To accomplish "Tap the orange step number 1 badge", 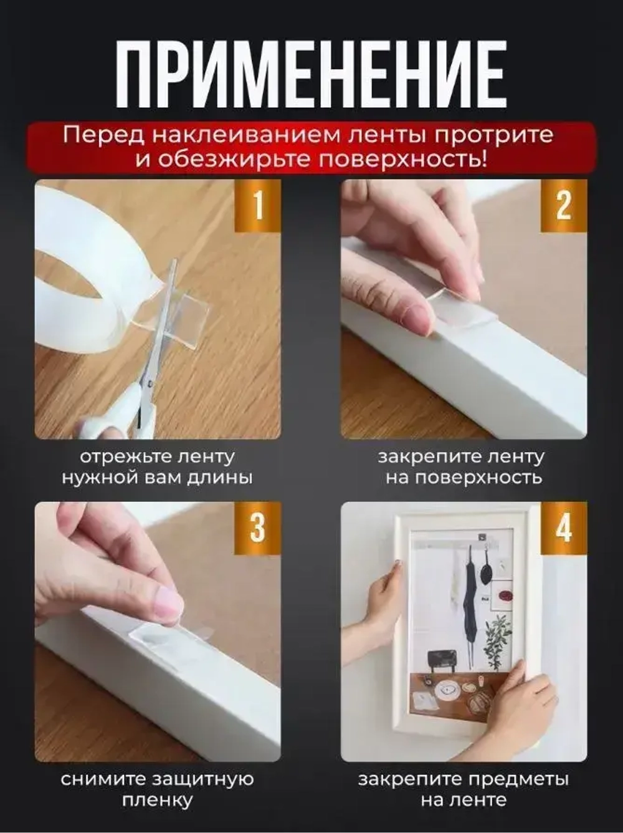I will pyautogui.click(x=258, y=205).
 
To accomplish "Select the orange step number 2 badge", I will pyautogui.click(x=563, y=205).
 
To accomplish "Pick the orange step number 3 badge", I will pyautogui.click(x=258, y=527).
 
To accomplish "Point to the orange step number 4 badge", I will pyautogui.click(x=563, y=527).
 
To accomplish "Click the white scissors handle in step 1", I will pyautogui.click(x=115, y=418).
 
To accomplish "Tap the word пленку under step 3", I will pyautogui.click(x=157, y=801).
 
